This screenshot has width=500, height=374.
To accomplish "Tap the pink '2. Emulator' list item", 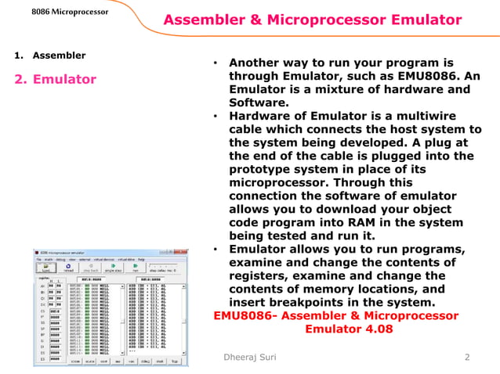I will [x=55, y=79].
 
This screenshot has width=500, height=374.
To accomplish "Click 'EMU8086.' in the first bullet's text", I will [x=440, y=76].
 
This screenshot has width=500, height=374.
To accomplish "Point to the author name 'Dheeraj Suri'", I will [x=248, y=358].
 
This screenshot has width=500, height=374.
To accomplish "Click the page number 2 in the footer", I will [x=467, y=358].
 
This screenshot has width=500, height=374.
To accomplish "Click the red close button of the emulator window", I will [x=184, y=253].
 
